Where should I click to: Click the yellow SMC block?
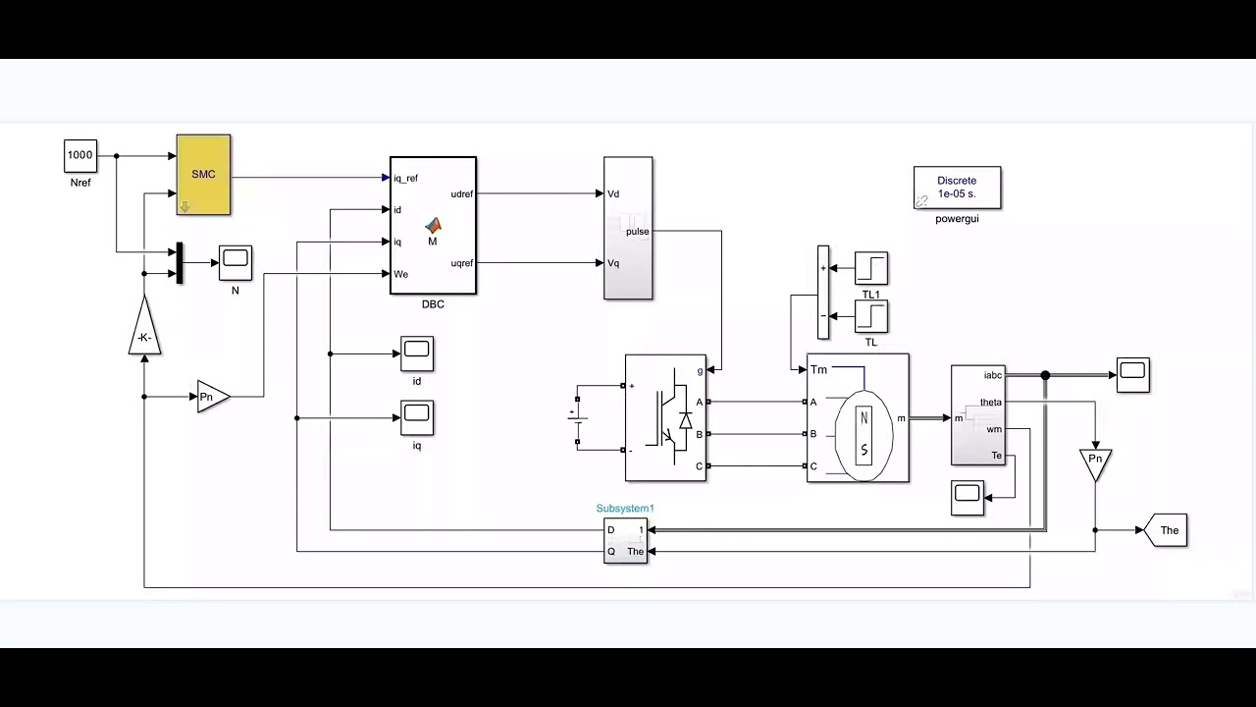[203, 174]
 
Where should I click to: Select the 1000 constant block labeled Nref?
[80, 155]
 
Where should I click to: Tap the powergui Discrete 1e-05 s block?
[957, 187]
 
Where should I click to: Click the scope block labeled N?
[235, 261]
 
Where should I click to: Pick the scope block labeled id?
[417, 353]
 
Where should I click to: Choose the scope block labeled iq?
[417, 417]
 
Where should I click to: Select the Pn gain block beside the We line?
[211, 397]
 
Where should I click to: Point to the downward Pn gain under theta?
[1095, 462]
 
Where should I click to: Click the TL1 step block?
[871, 268]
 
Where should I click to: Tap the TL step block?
[871, 316]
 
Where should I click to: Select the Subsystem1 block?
[625, 541]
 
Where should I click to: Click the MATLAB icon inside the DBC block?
[433, 226]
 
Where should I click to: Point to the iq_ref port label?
[405, 178]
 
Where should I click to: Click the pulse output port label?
[638, 232]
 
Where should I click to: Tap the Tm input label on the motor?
[818, 369]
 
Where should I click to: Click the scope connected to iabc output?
[1132, 374]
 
